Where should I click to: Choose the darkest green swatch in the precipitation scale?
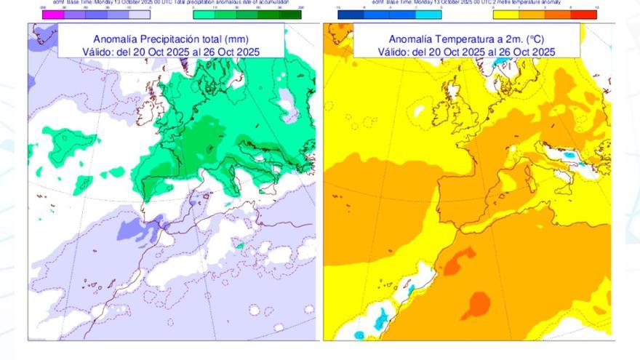[x=291, y=14]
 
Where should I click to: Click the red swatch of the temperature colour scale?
[x=586, y=14]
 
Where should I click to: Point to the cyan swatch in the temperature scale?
[x=430, y=14]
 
